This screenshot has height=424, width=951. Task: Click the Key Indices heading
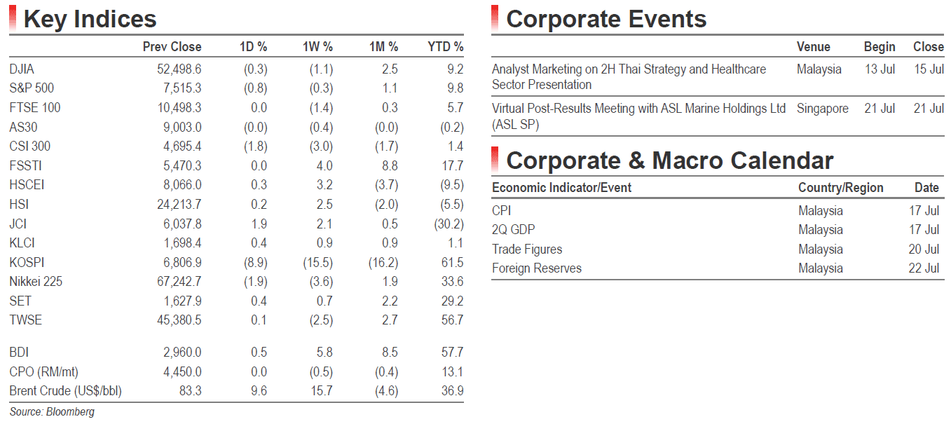pyautogui.click(x=90, y=20)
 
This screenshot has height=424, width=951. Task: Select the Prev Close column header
pyautogui.click(x=172, y=47)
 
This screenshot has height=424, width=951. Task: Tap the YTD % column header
pyautogui.click(x=445, y=47)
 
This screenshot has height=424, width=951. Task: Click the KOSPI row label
pyautogui.click(x=27, y=262)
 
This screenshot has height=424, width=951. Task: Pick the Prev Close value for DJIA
pyautogui.click(x=179, y=69)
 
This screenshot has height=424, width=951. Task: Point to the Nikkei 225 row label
pyautogui.click(x=36, y=282)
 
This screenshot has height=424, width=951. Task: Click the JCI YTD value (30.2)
pyautogui.click(x=449, y=224)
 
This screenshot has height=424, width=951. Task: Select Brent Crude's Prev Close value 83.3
pyautogui.click(x=190, y=390)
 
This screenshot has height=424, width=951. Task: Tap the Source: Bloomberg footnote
pyautogui.click(x=52, y=411)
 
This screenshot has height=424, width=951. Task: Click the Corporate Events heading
pyautogui.click(x=606, y=20)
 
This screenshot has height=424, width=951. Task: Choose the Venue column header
pyautogui.click(x=813, y=47)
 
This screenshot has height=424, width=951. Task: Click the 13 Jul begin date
pyautogui.click(x=880, y=69)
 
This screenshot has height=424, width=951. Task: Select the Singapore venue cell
pyautogui.click(x=822, y=109)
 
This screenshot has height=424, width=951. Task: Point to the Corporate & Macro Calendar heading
pyautogui.click(x=670, y=160)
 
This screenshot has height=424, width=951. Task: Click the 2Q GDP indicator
pyautogui.click(x=513, y=230)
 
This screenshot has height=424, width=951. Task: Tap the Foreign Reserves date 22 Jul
pyautogui.click(x=924, y=268)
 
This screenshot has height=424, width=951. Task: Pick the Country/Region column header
pyautogui.click(x=840, y=188)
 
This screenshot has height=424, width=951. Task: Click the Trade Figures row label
pyautogui.click(x=527, y=249)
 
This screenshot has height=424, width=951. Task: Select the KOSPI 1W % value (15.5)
pyautogui.click(x=318, y=262)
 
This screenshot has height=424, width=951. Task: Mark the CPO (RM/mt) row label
pyautogui.click(x=43, y=372)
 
